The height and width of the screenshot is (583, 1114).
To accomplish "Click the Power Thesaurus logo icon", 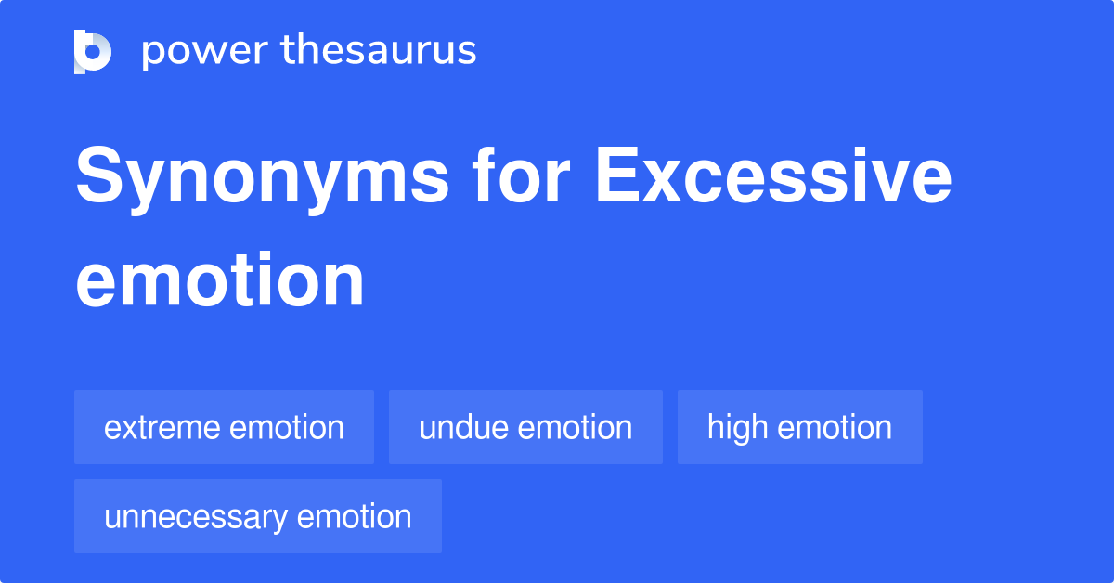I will (93, 51).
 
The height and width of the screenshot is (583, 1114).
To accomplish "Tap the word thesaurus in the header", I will (379, 51).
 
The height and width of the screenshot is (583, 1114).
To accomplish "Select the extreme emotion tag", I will (224, 427).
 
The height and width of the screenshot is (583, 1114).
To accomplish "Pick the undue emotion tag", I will (525, 427).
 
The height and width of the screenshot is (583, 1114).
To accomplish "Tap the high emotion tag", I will (799, 427).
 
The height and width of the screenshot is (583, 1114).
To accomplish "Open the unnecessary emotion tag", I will (257, 516).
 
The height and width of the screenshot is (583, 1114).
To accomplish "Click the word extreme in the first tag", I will (162, 428).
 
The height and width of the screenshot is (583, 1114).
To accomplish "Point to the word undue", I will (464, 428).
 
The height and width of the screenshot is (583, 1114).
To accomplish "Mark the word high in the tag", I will (737, 428).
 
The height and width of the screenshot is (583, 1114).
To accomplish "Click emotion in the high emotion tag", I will (834, 428).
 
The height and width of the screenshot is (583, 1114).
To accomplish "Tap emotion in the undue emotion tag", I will (576, 428).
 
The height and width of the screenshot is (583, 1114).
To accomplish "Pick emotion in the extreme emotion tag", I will (287, 428).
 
